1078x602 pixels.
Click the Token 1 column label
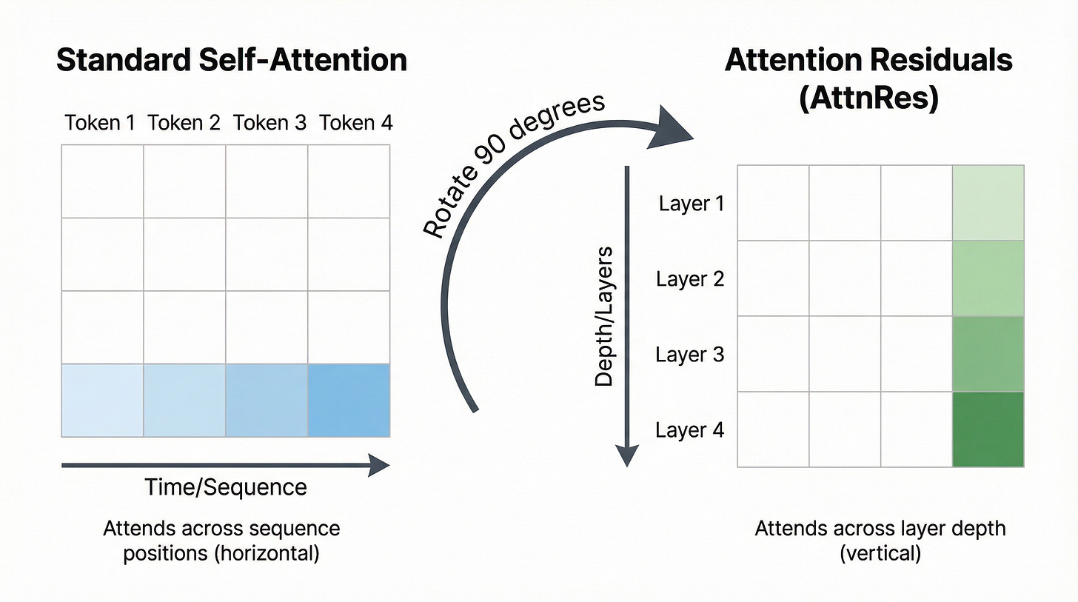[100, 122]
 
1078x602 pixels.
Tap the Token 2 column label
[184, 122]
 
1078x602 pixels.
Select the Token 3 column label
[269, 122]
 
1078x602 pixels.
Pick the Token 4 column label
[356, 122]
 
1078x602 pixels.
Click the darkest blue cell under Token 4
[349, 400]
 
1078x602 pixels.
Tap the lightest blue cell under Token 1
[102, 400]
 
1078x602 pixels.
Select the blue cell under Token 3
[267, 400]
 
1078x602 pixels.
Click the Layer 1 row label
[691, 203]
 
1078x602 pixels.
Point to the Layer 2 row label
[690, 279]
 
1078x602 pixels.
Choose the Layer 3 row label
[690, 355]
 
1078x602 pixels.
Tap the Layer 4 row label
[690, 430]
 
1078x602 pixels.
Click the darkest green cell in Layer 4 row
[988, 429]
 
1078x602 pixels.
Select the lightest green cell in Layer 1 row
[988, 203]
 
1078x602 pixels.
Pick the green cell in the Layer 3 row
[988, 354]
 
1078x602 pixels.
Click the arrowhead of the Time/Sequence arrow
[379, 465]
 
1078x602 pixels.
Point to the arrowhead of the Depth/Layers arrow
[627, 455]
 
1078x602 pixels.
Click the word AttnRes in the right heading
[869, 98]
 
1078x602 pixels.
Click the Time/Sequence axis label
[226, 487]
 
